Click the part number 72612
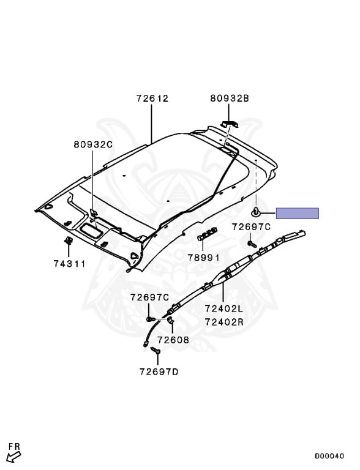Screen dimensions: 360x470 152,99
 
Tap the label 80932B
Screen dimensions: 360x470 230,99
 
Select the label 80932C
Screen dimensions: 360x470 93,144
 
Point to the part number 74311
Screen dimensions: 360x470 70,264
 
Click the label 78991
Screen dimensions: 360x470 204,258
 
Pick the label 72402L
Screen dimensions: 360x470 225,308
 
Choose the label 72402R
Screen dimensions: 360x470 225,322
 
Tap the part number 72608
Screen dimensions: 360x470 173,340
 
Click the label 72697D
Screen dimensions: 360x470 159,371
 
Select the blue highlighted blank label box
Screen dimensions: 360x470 298,213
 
